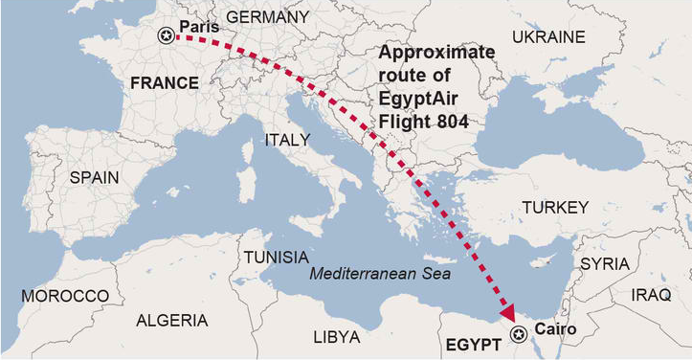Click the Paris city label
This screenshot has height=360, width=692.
[199, 27]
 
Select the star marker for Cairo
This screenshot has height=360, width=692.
[519, 333]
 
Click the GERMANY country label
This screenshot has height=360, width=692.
[267, 17]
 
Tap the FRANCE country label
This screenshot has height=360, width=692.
[165, 83]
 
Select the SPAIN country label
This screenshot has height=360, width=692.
[94, 177]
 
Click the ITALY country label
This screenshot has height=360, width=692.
[287, 140]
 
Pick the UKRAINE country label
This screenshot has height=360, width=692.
[548, 36]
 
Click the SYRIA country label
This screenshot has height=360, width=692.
[605, 263]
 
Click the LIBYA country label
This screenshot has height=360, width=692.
[337, 337]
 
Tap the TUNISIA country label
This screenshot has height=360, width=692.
[276, 258]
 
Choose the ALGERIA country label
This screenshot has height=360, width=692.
[171, 320]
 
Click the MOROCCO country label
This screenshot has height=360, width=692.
[65, 296]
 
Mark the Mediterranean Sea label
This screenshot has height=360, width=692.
[381, 274]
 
